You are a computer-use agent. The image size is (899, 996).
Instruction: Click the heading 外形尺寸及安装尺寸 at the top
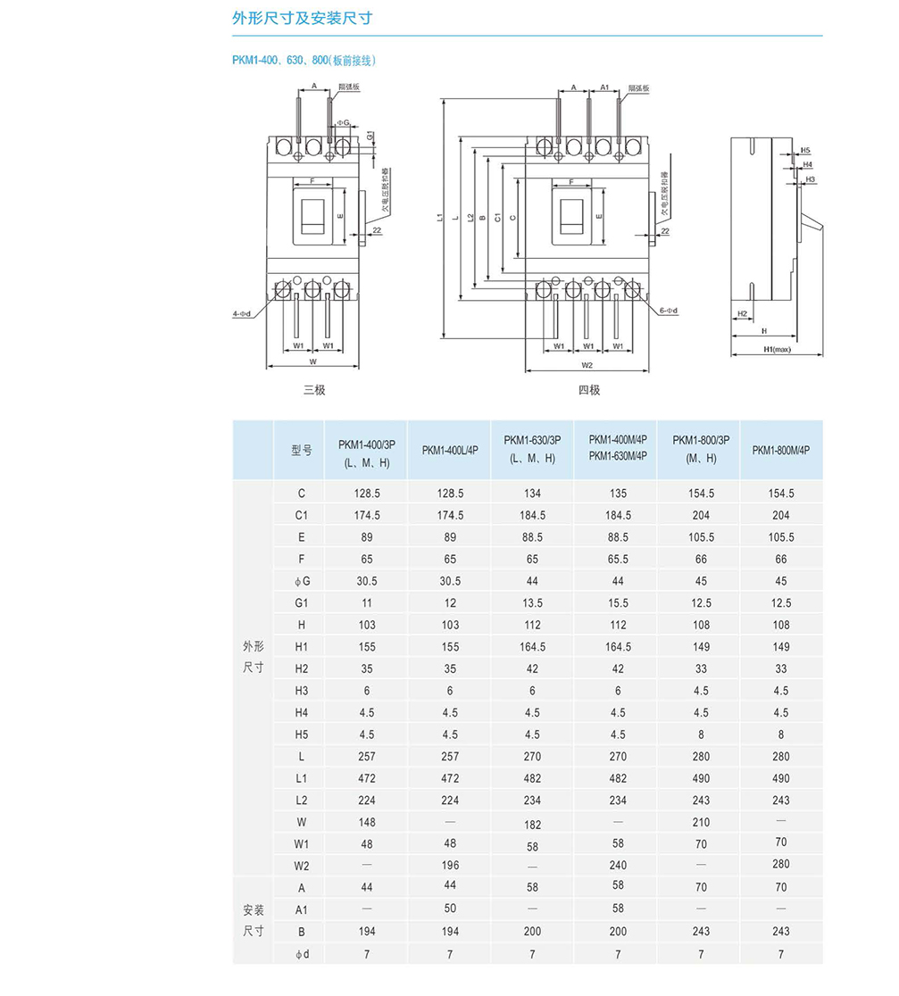coord(302,19)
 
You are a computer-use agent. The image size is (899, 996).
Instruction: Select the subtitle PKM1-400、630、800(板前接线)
coord(304,61)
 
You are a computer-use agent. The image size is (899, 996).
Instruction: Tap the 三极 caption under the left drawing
coord(313,390)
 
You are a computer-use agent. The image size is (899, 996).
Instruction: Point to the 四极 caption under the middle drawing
coord(588,390)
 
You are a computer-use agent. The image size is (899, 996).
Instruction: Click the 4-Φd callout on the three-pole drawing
coord(241,313)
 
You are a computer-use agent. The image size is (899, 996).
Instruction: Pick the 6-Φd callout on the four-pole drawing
coord(669,311)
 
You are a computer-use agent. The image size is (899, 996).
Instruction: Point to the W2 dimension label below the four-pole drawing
coord(587,365)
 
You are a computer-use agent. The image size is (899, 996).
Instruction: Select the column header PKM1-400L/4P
coord(450,450)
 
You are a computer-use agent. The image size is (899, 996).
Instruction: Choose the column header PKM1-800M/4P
coord(781,450)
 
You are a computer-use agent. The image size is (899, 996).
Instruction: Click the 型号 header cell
coord(302,450)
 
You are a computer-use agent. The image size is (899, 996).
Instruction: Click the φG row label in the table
coord(302,581)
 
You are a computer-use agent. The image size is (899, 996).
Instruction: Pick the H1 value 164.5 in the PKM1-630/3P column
coord(532,647)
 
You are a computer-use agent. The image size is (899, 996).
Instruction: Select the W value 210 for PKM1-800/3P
coord(701,822)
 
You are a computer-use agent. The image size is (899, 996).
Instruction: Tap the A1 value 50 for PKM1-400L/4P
coord(450,909)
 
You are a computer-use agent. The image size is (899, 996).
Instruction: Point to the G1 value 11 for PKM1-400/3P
coord(367,603)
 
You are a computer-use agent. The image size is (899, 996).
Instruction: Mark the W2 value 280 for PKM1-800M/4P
coord(781,864)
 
